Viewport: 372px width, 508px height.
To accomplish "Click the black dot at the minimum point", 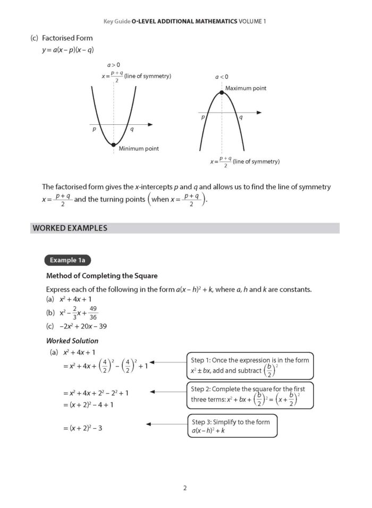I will pos(113,144).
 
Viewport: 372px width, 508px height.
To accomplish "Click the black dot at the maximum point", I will pos(222,93).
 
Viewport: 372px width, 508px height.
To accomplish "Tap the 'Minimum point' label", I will pos(138,149).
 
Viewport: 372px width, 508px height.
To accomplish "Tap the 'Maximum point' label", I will pos(246,88).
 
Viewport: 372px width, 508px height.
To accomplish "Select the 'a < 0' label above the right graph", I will pos(222,77).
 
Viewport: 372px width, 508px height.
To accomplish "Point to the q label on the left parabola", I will pos(132,129).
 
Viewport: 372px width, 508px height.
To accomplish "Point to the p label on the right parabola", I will pos(202,117).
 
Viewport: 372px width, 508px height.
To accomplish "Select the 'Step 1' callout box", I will pos(249,365).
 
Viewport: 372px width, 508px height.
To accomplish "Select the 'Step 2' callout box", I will pos(249,394).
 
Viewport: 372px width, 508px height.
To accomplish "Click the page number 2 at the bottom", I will pos(185,488).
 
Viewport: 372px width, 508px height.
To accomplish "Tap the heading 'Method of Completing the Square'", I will pos(102,276).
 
